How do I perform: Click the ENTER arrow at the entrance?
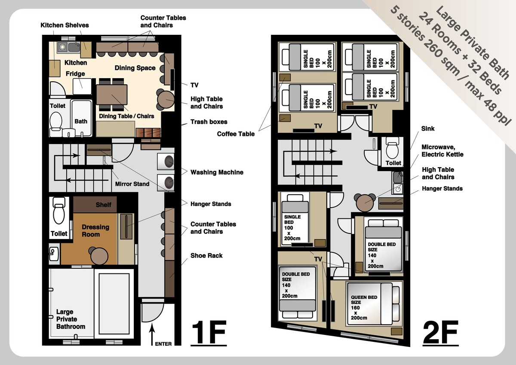point(152,334)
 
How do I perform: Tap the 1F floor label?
point(209,333)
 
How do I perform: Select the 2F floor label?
point(440,333)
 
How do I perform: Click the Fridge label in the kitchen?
point(75,74)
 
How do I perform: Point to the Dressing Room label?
point(95,230)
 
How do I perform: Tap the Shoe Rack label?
point(206,255)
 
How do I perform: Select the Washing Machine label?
point(217,172)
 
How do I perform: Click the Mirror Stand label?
point(132,184)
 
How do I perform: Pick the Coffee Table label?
point(236,134)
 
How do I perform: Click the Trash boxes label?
point(209,122)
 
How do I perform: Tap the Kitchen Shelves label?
point(64,25)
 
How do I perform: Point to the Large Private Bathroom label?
point(71,319)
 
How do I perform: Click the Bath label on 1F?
point(81,121)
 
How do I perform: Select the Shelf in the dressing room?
point(95,205)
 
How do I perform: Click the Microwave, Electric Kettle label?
point(442,150)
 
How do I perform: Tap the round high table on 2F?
point(365,203)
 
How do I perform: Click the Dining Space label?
point(135,68)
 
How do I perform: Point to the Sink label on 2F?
point(428,128)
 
